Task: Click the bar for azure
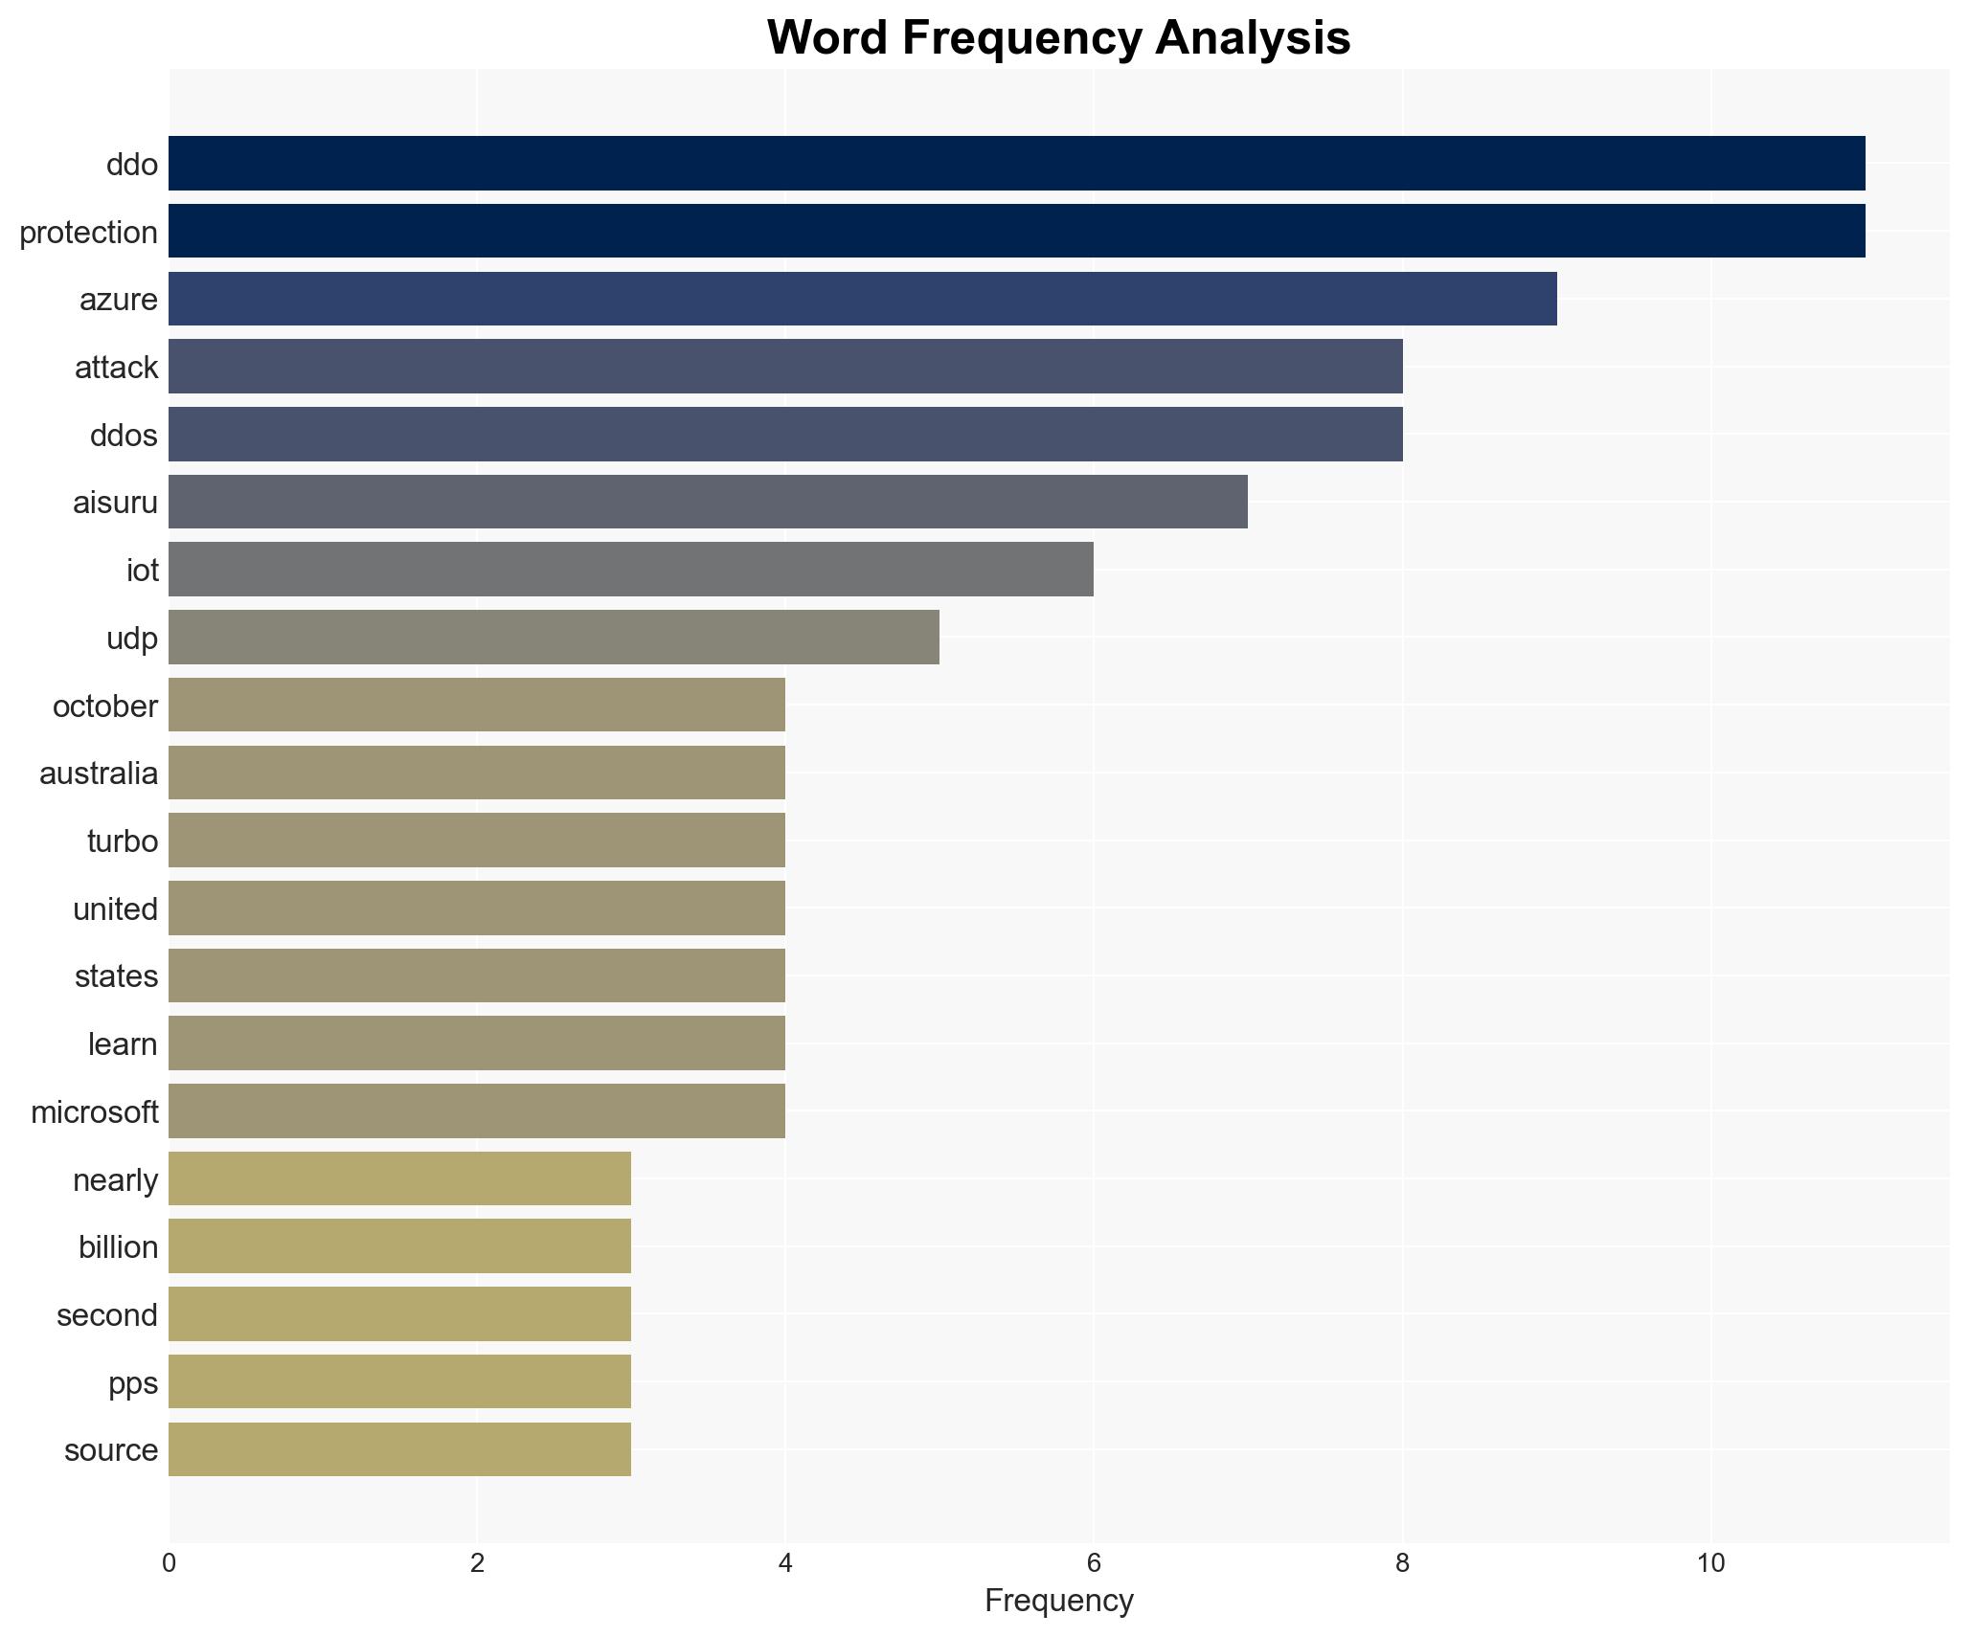click(x=862, y=299)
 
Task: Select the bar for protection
click(x=1016, y=231)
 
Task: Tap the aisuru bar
click(x=708, y=502)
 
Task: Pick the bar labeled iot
click(x=630, y=570)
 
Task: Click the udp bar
click(x=554, y=638)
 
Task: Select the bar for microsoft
click(x=476, y=1111)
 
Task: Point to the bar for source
click(x=399, y=1449)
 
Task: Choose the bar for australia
click(x=476, y=773)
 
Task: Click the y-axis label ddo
click(x=131, y=165)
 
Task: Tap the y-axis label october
click(x=104, y=706)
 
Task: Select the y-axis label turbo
click(x=122, y=841)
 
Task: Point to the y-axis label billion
click(x=118, y=1247)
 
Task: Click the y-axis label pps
click(x=132, y=1383)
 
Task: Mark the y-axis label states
click(x=116, y=976)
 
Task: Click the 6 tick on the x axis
click(x=1094, y=1563)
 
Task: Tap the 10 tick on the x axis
click(x=1710, y=1563)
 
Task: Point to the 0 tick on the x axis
click(x=170, y=1563)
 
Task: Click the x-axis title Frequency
click(x=1058, y=1601)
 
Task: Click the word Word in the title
click(x=828, y=38)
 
